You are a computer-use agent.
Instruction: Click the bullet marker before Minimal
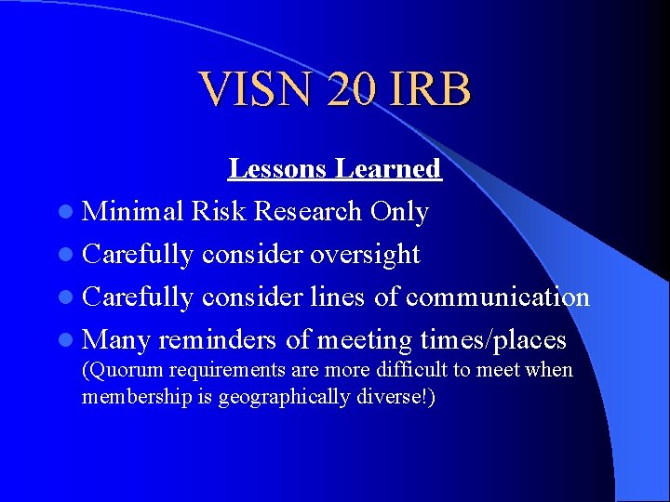coord(72,213)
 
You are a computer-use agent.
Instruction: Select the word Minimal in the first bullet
coord(133,212)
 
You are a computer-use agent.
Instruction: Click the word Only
coord(399,212)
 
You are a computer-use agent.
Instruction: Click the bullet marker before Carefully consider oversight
coord(72,255)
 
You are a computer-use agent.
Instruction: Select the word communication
coord(498,297)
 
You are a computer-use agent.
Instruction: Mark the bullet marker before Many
coord(72,340)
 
